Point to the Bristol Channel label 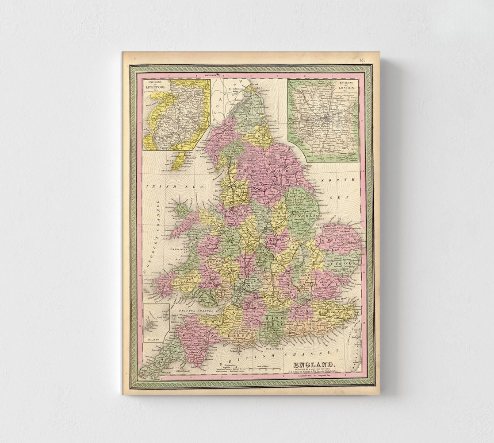tap(197, 311)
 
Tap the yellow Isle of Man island tap(179, 161)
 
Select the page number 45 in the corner tap(362, 59)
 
